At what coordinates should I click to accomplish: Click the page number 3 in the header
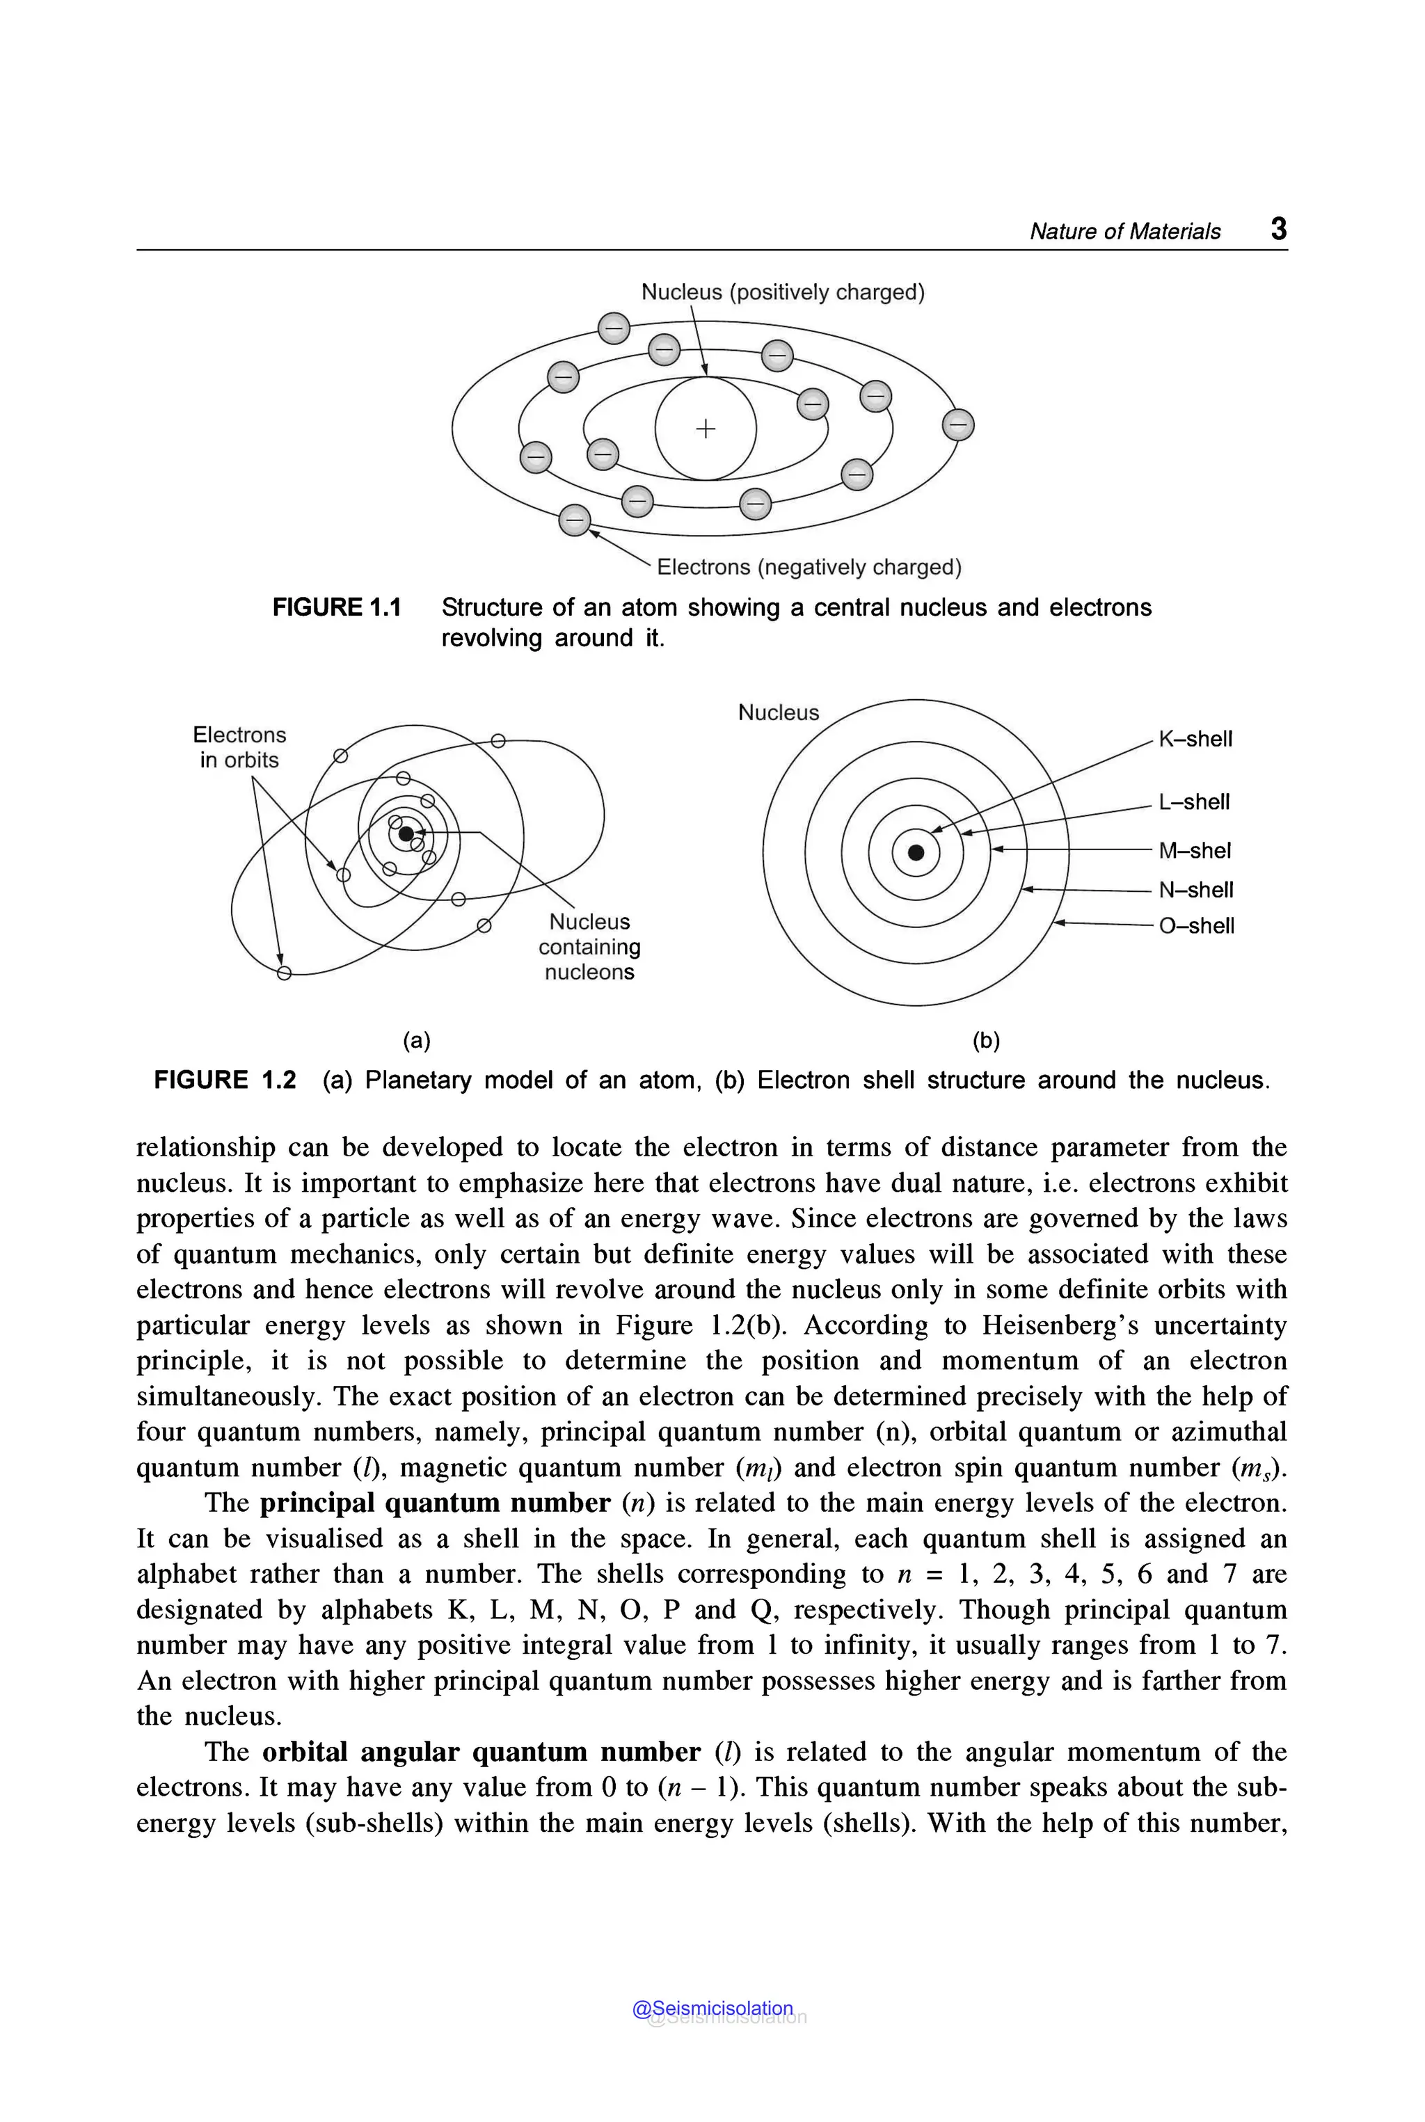coord(1277,228)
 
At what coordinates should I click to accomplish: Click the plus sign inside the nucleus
coord(706,428)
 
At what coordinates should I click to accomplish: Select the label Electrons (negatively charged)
coord(808,567)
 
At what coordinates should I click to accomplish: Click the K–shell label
coord(1195,739)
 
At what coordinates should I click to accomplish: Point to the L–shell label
coord(1193,801)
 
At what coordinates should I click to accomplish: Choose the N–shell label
coord(1195,890)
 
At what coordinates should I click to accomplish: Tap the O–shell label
coord(1196,925)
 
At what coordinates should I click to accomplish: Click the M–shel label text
coord(1194,851)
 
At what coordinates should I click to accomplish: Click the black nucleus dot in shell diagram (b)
coord(916,852)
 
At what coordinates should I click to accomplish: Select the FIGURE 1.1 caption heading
coord(336,607)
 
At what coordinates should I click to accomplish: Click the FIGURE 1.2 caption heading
coord(225,1080)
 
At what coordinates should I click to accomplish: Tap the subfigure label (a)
coord(416,1041)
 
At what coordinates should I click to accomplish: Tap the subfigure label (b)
coord(986,1041)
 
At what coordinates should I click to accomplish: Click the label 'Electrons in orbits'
coord(239,747)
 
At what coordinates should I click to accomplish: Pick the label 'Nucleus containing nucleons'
coord(589,946)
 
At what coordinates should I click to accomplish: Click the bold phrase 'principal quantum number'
coord(434,1502)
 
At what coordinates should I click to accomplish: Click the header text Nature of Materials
coord(1124,231)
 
